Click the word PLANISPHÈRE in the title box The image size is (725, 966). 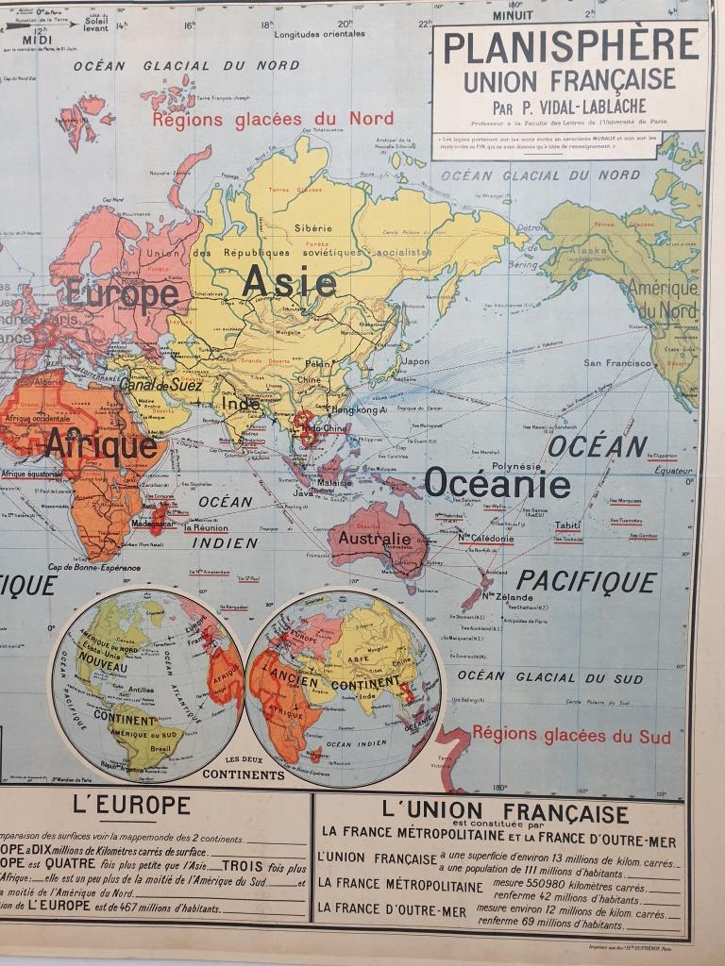tap(571, 46)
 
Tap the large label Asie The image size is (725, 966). tap(289, 281)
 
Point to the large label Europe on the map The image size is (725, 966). tap(122, 294)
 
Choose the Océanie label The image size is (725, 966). tap(497, 483)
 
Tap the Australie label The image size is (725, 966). tap(376, 539)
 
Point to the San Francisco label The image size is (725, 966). tap(617, 362)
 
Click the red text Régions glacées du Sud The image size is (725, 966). tap(571, 735)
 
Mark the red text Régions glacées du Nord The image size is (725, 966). tap(273, 120)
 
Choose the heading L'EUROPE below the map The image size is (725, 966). tap(131, 806)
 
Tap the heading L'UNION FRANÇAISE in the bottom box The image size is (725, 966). tap(505, 811)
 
